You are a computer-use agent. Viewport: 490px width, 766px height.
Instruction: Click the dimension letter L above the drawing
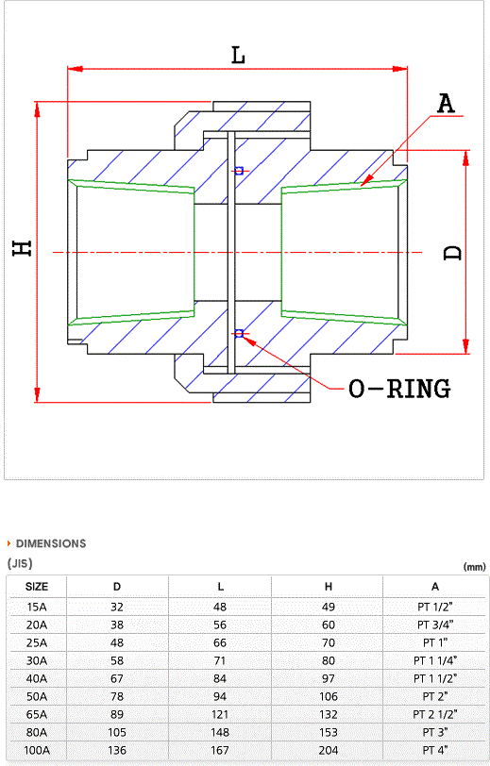(x=238, y=56)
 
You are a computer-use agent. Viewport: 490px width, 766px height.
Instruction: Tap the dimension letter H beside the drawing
(x=23, y=248)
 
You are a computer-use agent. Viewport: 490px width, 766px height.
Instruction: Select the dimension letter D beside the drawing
(x=453, y=253)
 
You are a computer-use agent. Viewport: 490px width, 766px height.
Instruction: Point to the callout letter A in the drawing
(x=446, y=104)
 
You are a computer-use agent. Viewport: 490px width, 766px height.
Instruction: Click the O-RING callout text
(x=399, y=389)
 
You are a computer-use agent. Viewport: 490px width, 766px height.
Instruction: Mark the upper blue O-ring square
(x=239, y=171)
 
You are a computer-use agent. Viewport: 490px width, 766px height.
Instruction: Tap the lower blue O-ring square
(x=239, y=334)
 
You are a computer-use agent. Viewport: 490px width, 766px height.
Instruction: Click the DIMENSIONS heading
(x=51, y=543)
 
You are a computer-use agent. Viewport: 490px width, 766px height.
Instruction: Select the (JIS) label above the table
(x=20, y=563)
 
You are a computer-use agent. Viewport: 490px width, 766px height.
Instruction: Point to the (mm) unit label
(x=474, y=567)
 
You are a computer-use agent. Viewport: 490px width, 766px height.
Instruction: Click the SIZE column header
(x=37, y=586)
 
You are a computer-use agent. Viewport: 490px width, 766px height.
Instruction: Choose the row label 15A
(x=37, y=607)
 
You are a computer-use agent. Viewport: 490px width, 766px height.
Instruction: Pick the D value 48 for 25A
(x=117, y=642)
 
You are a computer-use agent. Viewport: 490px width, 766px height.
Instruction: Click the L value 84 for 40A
(x=220, y=678)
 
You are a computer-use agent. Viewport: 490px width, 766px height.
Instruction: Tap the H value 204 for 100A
(x=329, y=750)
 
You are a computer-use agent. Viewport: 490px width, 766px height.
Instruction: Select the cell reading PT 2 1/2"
(x=434, y=714)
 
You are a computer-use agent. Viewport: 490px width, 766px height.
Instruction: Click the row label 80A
(x=37, y=732)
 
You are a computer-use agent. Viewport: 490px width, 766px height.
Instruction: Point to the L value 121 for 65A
(x=220, y=714)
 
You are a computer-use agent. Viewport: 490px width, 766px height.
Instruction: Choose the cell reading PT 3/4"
(x=435, y=624)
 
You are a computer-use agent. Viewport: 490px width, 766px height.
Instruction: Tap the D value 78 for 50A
(x=117, y=696)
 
